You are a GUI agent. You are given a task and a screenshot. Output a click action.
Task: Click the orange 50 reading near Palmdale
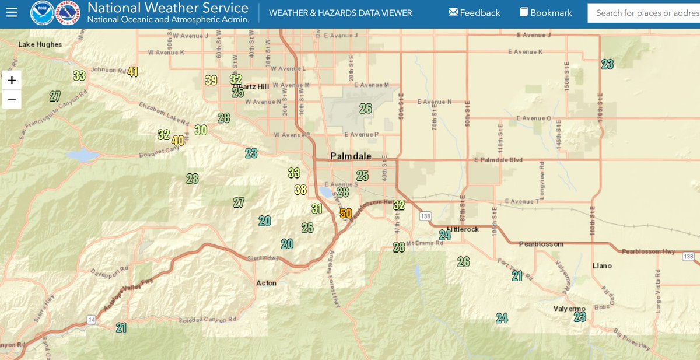click(345, 213)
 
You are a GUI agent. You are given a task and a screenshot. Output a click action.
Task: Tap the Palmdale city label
click(351, 156)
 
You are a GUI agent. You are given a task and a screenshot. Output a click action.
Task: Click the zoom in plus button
click(12, 80)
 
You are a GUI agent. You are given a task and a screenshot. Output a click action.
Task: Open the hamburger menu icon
click(12, 12)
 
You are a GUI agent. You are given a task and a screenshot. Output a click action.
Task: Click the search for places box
click(645, 13)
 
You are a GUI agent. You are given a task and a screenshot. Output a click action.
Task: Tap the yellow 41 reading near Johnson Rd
click(133, 72)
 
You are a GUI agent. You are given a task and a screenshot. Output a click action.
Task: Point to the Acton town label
click(267, 283)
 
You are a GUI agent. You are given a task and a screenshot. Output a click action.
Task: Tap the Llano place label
click(602, 265)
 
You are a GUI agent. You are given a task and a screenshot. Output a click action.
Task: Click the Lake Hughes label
click(40, 44)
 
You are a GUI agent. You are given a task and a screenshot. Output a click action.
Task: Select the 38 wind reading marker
click(300, 189)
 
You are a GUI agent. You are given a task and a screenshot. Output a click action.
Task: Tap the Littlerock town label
click(463, 229)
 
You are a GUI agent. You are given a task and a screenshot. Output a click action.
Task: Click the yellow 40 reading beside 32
click(178, 140)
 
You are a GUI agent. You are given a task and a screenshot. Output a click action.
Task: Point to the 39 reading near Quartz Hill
click(211, 80)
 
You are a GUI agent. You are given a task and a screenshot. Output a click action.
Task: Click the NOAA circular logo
click(41, 12)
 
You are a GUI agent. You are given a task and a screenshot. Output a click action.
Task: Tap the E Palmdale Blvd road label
click(498, 160)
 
